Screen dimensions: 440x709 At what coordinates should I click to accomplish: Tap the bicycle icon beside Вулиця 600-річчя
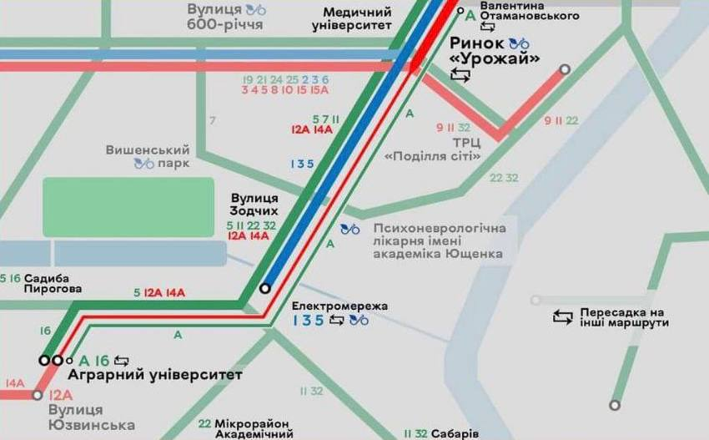(x=256, y=10)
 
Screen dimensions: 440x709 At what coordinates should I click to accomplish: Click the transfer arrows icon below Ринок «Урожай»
(x=460, y=76)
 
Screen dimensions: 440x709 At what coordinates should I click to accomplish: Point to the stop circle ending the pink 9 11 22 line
(x=565, y=70)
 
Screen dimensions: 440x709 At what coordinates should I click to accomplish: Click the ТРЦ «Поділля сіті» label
(x=432, y=149)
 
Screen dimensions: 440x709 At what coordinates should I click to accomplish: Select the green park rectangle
(x=128, y=206)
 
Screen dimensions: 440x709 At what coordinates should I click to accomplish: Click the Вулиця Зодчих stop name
(x=254, y=205)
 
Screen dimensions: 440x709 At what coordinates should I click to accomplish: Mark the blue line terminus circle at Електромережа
(x=265, y=288)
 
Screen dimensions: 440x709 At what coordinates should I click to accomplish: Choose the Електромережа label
(x=339, y=306)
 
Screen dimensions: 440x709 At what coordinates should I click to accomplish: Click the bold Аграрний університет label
(x=154, y=375)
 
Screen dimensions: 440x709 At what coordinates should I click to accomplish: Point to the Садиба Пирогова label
(x=53, y=283)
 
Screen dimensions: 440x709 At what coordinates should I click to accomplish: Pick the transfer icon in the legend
(x=563, y=316)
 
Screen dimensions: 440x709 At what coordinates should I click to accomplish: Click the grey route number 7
(x=212, y=121)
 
